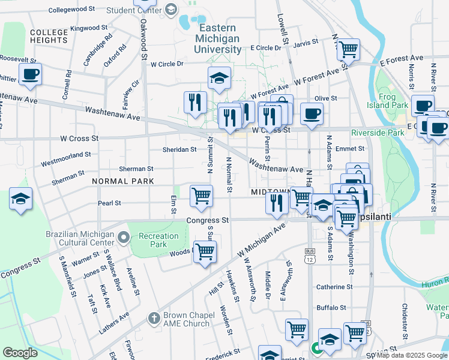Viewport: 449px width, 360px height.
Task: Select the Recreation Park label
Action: click(158, 240)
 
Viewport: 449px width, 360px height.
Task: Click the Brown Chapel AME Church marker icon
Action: click(154, 318)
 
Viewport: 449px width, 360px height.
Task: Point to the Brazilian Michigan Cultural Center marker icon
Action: click(124, 238)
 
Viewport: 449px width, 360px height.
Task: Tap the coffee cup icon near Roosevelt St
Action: click(29, 75)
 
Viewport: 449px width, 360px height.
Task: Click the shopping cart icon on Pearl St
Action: click(201, 195)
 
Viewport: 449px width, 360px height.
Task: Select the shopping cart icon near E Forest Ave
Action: click(348, 50)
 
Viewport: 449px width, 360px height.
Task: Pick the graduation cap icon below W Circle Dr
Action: click(220, 78)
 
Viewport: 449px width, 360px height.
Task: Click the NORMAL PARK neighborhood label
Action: click(122, 181)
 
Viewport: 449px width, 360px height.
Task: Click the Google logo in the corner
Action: click(20, 353)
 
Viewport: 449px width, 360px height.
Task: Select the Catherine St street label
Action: click(334, 287)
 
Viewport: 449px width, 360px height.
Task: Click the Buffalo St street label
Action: click(332, 307)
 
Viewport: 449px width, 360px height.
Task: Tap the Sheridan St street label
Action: click(179, 149)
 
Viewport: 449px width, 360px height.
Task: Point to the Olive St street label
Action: click(326, 98)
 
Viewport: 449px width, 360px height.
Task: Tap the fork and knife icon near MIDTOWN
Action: click(276, 202)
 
